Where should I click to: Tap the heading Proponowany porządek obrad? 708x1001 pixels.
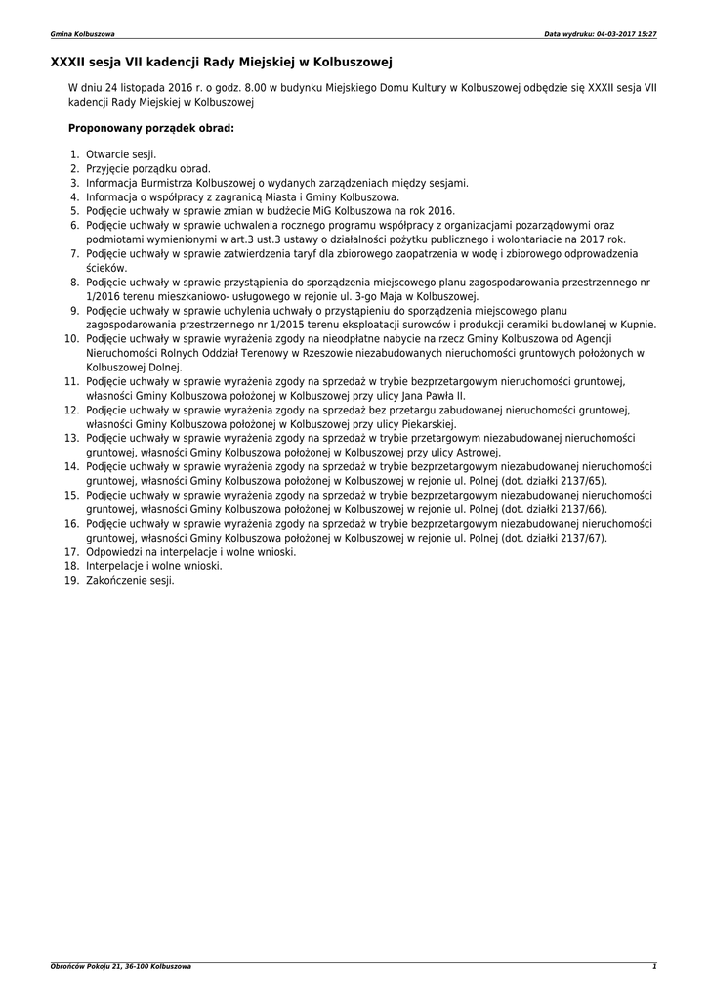151,128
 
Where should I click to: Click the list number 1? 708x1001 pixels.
74,154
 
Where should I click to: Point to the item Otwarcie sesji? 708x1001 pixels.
121,154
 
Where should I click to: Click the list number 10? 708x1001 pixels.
71,338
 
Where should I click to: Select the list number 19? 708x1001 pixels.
71,580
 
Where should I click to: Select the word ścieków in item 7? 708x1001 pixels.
105,268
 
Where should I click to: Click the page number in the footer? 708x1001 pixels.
654,966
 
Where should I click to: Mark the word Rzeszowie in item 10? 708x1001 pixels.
290,353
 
